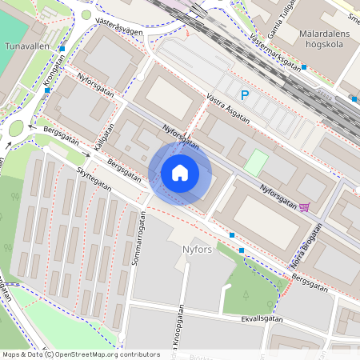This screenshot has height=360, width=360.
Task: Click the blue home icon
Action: [x=180, y=173]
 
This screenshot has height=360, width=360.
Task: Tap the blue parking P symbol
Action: [x=246, y=95]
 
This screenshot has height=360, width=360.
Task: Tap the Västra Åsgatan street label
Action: [x=228, y=108]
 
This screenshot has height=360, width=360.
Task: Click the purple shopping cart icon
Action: [x=304, y=208]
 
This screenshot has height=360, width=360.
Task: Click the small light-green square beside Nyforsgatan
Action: [x=255, y=163]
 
